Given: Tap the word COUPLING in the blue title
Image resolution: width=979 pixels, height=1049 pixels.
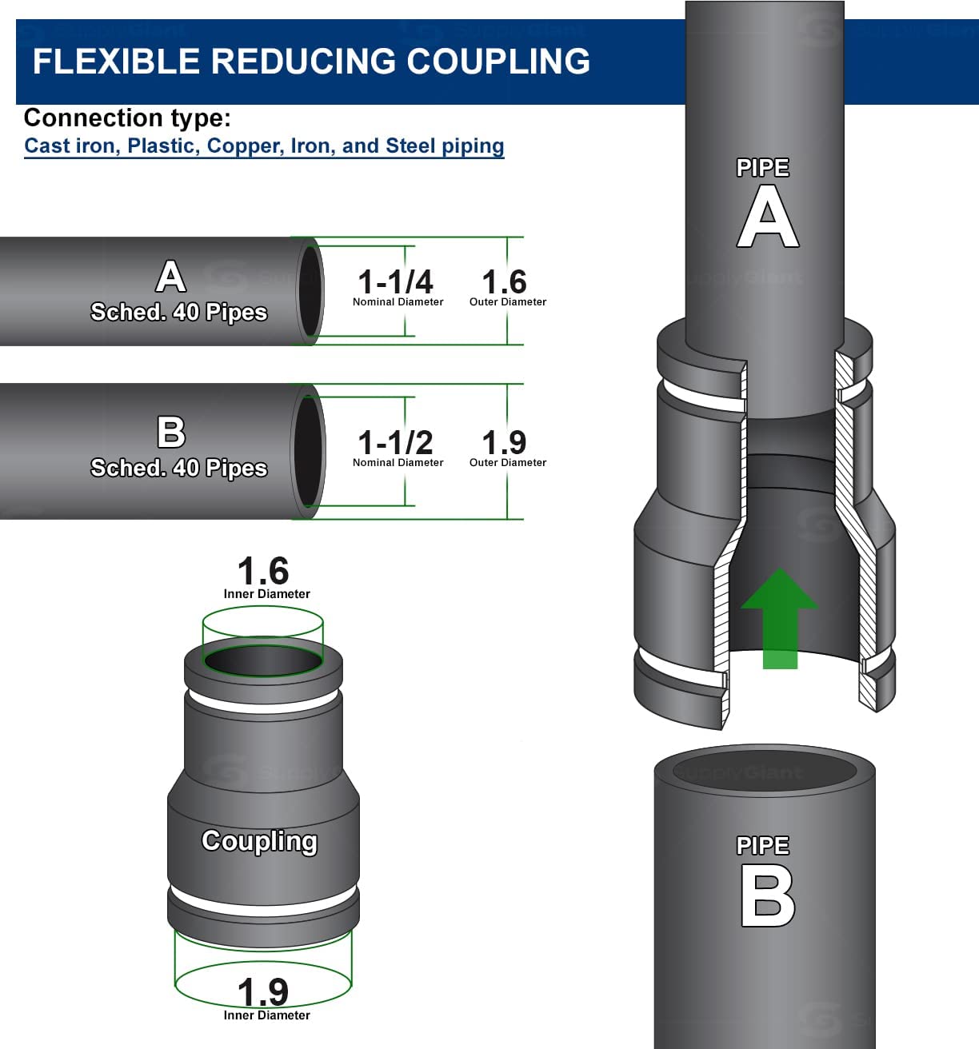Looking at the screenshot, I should click(498, 62).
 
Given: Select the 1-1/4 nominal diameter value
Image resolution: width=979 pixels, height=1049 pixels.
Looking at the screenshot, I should click(395, 282).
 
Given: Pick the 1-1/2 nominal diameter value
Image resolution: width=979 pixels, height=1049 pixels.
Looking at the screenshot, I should click(395, 442).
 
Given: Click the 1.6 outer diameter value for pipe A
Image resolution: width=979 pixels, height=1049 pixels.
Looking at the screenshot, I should click(504, 282).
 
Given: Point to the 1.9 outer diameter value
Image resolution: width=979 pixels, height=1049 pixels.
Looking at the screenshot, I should click(504, 442).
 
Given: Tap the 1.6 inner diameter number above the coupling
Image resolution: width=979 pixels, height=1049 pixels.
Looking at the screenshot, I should click(263, 572).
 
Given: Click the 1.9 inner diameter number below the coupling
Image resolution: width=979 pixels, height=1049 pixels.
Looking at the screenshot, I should click(263, 992).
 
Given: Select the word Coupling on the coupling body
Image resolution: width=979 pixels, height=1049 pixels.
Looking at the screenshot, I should click(259, 841).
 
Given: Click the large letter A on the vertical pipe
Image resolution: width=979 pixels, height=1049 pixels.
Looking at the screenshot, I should click(767, 217).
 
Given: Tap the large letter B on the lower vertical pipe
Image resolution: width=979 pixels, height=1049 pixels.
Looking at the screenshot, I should click(767, 896).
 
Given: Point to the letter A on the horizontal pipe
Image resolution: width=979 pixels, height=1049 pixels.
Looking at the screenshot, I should click(170, 277).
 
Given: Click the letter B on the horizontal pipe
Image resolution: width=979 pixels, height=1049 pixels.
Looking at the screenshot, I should click(170, 433).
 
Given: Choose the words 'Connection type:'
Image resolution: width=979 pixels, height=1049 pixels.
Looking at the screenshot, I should click(127, 118).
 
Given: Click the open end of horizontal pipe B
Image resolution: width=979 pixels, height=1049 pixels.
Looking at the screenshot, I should click(308, 450).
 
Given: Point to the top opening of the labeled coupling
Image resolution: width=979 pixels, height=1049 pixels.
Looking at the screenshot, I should click(262, 660).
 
